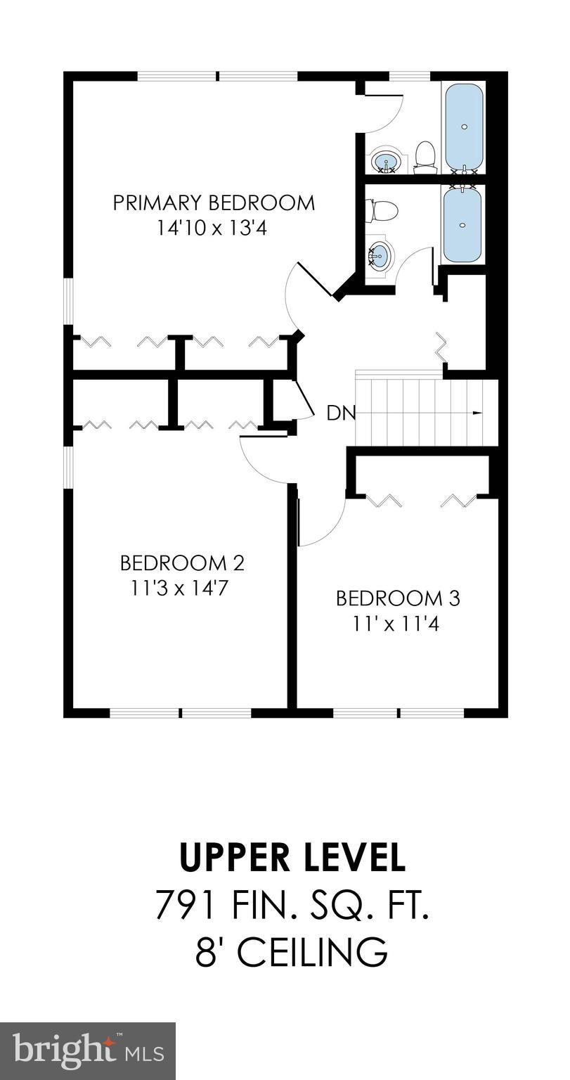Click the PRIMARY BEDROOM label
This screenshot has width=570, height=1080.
pos(214,203)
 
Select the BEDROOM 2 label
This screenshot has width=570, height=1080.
pos(181,563)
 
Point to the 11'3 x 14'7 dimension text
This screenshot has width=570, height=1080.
pos(181,588)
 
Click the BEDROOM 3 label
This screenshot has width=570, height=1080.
pos(398,598)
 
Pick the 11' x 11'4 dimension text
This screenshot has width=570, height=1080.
pos(398,623)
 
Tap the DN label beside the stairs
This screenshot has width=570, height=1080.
pos(342,413)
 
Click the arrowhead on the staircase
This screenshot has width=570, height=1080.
pos(478,413)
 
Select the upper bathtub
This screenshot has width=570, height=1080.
pos(464,127)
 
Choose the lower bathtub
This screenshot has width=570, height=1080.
pos(463,224)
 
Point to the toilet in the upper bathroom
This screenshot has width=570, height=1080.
pos(425,156)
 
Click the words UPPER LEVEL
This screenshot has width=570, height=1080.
pos(292,857)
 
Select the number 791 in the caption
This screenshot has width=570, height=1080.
pos(186,905)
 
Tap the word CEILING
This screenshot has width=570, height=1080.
pos(311,952)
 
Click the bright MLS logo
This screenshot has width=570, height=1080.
pos(88,1051)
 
